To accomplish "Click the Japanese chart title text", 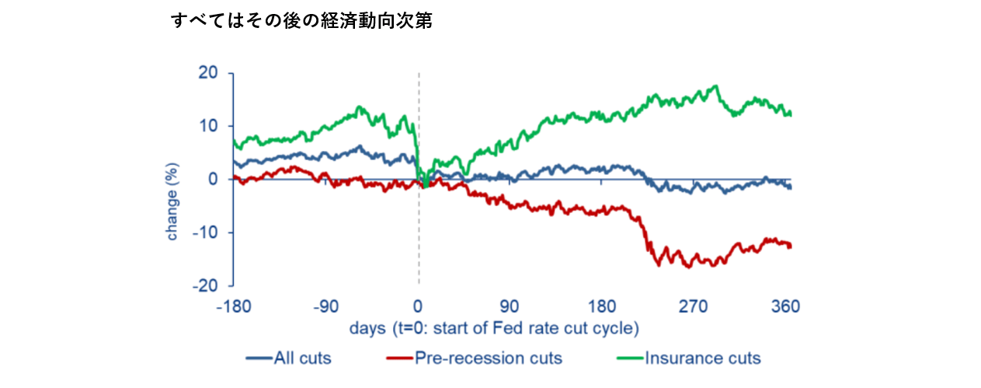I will click(301, 22).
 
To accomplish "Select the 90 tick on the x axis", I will click(510, 306).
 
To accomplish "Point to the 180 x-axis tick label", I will click(602, 306).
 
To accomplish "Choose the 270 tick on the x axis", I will click(694, 306).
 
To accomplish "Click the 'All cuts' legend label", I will click(302, 358).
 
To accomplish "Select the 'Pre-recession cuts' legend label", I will click(488, 358).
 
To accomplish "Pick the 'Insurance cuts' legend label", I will click(702, 358).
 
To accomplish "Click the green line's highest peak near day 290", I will click(715, 86).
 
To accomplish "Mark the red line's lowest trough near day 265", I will click(687, 267).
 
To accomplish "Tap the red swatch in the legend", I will click(398, 358).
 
